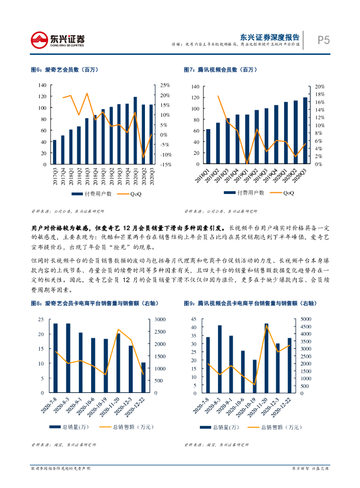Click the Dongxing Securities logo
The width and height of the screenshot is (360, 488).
(58, 40)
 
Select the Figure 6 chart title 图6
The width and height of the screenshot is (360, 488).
(64, 70)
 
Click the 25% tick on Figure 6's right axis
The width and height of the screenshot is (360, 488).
(165, 85)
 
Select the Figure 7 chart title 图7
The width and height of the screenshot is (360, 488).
(220, 70)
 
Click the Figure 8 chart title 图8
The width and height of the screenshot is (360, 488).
(93, 303)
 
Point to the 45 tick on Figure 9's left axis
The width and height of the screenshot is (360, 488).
(193, 319)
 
